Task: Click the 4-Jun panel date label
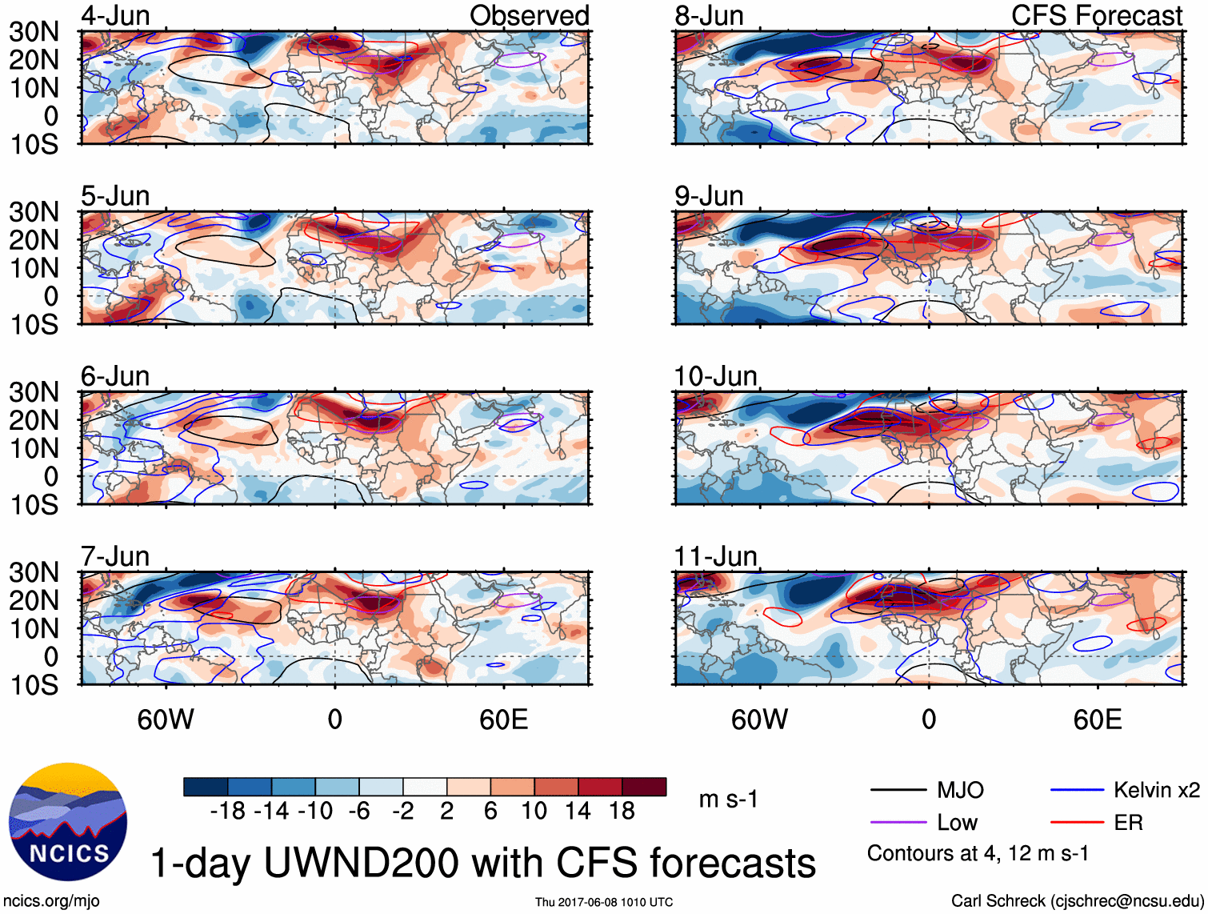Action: [115, 16]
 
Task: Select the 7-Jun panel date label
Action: [115, 556]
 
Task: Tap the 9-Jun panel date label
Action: [709, 196]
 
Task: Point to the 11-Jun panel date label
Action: [715, 556]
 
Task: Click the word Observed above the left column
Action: [529, 16]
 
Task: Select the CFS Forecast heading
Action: [1097, 16]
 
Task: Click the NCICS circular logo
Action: [68, 822]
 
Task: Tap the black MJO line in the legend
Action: [898, 791]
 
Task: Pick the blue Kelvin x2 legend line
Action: [1077, 791]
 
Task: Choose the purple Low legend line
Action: [898, 823]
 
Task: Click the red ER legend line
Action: [1077, 823]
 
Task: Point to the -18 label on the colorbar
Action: [228, 812]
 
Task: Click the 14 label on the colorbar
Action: [578, 812]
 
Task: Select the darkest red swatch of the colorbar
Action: [644, 787]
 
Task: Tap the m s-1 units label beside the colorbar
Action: [728, 800]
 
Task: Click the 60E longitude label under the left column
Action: [504, 720]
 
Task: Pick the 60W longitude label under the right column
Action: [759, 720]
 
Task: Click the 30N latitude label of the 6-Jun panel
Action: [34, 392]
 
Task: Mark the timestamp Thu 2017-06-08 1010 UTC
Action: [604, 902]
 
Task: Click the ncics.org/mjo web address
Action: [51, 901]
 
